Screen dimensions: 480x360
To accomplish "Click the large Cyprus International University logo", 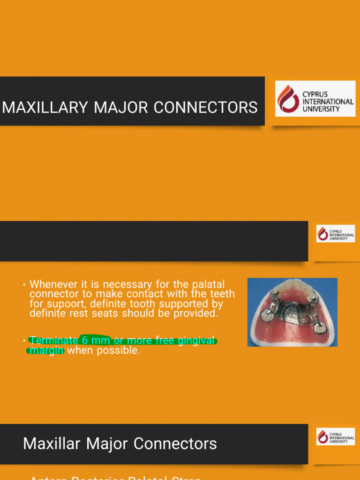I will (315, 98).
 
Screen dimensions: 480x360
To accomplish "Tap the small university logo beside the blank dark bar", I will (335, 233).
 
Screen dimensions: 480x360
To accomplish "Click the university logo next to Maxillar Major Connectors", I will (335, 436).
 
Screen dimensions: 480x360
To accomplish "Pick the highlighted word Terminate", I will (54, 340).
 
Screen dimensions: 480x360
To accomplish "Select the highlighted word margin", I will (46, 350).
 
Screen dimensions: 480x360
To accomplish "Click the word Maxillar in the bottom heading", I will (52, 443).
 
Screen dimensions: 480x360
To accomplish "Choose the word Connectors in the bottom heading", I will (180, 443).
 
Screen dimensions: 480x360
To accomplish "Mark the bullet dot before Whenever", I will (23, 285).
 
